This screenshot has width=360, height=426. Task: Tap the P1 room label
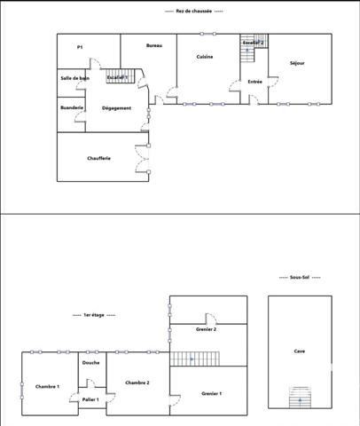[x=80, y=46]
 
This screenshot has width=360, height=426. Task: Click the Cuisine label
[x=205, y=57]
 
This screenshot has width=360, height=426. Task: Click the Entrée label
[x=255, y=82]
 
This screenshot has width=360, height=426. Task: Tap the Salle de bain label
[x=74, y=78]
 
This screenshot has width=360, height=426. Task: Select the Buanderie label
[x=72, y=107]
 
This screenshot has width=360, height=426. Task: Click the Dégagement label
[x=116, y=108]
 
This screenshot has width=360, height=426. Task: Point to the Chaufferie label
[x=98, y=158]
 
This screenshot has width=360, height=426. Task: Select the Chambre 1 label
[x=47, y=386]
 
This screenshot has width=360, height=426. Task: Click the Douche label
[x=90, y=363]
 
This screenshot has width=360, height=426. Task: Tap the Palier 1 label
[x=90, y=400]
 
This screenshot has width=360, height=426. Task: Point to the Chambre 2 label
[x=137, y=383]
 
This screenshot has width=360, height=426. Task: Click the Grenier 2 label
[x=207, y=329]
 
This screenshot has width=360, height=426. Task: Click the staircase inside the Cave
[x=300, y=398]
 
